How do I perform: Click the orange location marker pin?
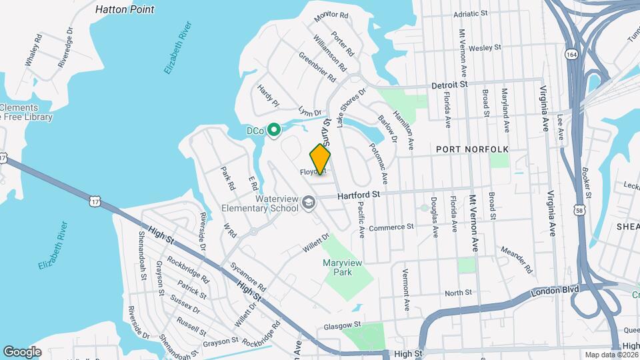[320, 159]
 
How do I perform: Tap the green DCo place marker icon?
[273, 131]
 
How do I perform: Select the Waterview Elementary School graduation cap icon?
[308, 201]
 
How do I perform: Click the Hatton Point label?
[125, 9]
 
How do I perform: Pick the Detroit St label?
[451, 85]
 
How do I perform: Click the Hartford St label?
[358, 195]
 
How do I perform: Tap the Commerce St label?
[391, 227]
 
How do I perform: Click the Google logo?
[22, 351]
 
